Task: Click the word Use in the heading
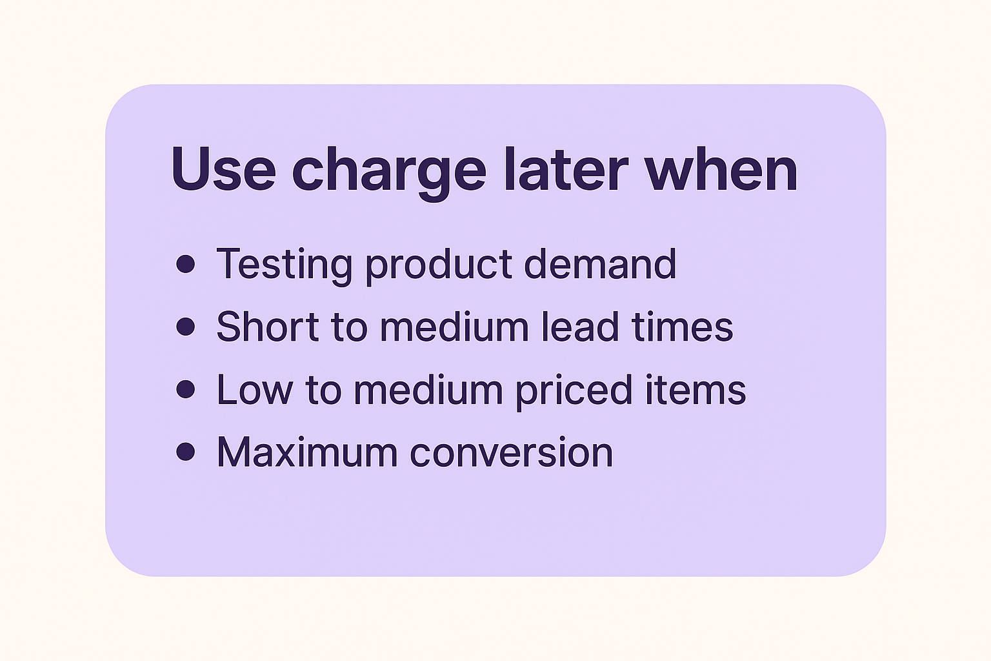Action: (x=224, y=169)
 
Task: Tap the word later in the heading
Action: (x=566, y=169)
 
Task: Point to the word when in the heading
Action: (x=721, y=169)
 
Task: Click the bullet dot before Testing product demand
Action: (x=185, y=264)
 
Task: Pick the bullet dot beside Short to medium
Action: (x=185, y=327)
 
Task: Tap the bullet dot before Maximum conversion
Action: (x=185, y=452)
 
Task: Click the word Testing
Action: (x=284, y=267)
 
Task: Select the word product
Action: (x=439, y=267)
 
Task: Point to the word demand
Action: (x=601, y=263)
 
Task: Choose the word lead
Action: (x=581, y=327)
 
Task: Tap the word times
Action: (x=683, y=327)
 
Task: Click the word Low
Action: (x=254, y=390)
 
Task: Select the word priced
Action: (x=574, y=392)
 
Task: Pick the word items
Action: (x=696, y=390)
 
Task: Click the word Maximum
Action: (x=307, y=452)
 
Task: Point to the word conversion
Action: (x=512, y=452)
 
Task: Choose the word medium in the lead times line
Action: (x=454, y=327)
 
